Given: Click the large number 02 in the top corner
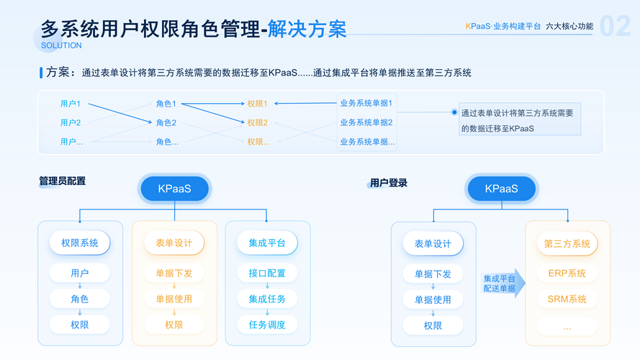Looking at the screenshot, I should [615, 27].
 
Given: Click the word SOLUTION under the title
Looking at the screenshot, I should [61, 45].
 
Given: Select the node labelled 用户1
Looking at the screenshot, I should [71, 104].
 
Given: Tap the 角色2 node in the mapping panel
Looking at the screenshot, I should [166, 122].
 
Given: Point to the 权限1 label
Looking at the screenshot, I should [257, 104].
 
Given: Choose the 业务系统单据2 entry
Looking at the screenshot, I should [366, 122].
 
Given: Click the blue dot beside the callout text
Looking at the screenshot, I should [454, 112].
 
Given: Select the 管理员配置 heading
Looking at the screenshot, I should [62, 181].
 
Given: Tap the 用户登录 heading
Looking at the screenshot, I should [389, 183].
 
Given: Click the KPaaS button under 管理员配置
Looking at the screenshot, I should [173, 189].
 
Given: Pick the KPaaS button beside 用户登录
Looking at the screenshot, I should [501, 189].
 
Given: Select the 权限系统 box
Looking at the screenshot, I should [80, 243].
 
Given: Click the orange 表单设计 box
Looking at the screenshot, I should [173, 243].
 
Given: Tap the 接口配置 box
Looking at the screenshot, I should [267, 273].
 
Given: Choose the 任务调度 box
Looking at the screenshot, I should [267, 325].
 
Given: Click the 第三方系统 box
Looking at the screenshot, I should [567, 243].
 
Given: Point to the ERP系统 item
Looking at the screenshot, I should [567, 273].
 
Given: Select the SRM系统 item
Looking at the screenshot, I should [567, 299].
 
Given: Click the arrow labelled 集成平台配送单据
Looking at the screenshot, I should [502, 283].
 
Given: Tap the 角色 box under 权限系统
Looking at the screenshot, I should [80, 299].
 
